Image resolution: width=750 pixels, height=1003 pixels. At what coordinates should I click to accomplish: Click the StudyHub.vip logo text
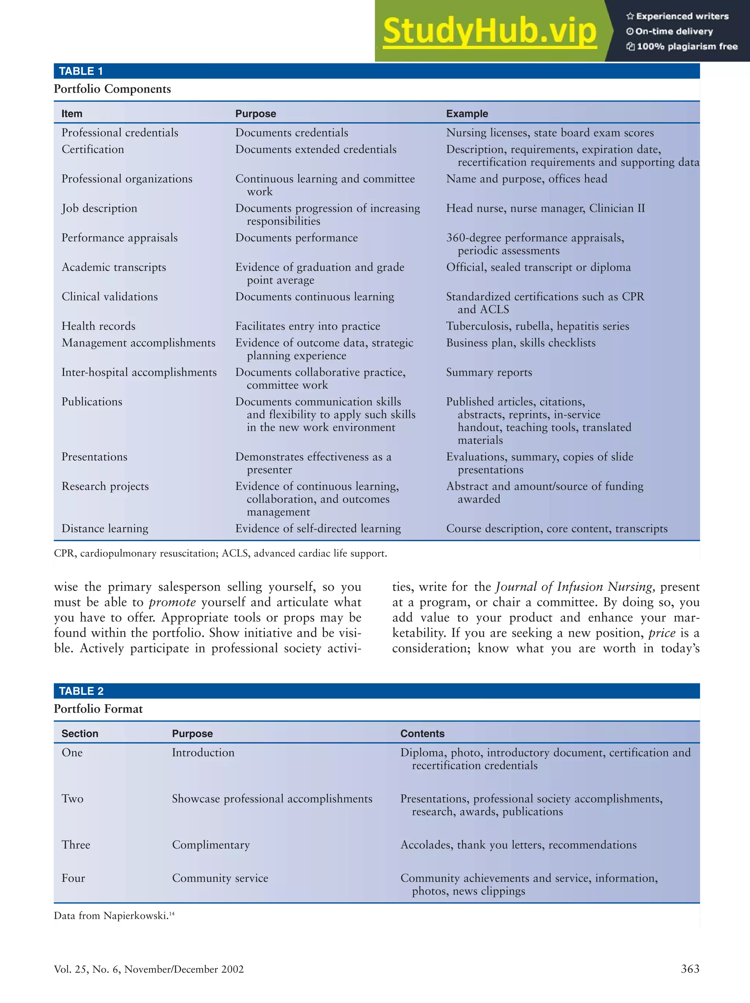click(489, 31)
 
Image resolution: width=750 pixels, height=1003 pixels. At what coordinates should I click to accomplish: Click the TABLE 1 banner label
click(81, 71)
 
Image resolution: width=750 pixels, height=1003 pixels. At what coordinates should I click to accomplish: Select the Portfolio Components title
click(112, 89)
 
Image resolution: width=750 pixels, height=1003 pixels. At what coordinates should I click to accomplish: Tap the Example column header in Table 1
click(467, 114)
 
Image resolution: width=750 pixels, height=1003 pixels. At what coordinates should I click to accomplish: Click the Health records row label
click(99, 326)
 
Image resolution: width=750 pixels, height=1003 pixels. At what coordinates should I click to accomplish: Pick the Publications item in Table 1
click(92, 402)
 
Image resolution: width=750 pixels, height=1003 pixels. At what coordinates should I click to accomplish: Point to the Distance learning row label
click(105, 529)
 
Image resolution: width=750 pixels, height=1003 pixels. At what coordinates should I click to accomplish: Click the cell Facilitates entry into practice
click(307, 326)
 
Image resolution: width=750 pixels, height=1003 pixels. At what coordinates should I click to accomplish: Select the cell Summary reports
click(489, 372)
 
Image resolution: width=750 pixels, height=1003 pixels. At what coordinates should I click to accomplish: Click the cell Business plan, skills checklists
click(520, 343)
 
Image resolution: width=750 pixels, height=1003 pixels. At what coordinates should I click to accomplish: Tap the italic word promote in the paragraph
click(172, 602)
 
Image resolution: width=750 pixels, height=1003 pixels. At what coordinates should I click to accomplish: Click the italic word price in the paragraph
click(661, 633)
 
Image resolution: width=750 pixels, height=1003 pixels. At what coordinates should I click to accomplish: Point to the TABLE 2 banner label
click(81, 691)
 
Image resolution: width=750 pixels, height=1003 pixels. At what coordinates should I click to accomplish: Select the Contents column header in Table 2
click(422, 734)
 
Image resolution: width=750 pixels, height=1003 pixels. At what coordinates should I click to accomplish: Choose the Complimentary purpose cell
click(211, 845)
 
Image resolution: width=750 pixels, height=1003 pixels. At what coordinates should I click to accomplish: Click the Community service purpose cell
click(220, 878)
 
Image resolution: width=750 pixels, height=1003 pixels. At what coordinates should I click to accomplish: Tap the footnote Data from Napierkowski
click(114, 916)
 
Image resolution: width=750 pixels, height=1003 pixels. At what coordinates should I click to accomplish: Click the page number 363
click(690, 969)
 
